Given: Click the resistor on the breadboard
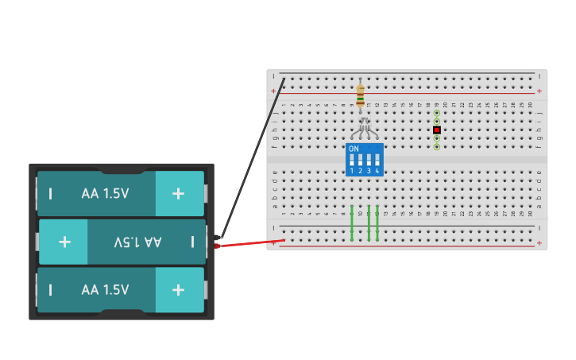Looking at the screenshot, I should tap(360, 95).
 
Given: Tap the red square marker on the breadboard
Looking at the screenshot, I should tap(436, 130).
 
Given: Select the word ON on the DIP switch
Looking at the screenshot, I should tap(354, 149).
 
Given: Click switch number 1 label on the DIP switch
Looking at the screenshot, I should tap(352, 171).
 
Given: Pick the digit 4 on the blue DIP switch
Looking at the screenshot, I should tap(377, 171).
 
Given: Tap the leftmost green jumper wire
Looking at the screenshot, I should tap(352, 223).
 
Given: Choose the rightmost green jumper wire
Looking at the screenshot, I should tap(377, 223).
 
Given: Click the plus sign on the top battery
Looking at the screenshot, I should tap(178, 193).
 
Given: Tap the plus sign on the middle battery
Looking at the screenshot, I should tap(64, 242).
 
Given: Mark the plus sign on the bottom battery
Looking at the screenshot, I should tap(178, 290).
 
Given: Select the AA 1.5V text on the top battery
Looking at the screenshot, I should tap(105, 193).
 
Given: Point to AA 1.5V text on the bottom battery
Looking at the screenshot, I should tap(105, 290).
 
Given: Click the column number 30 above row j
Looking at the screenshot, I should tap(531, 105).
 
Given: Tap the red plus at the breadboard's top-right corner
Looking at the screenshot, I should tap(539, 91).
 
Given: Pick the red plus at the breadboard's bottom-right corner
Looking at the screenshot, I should tap(539, 243).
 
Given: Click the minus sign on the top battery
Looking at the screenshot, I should tap(51, 193).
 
